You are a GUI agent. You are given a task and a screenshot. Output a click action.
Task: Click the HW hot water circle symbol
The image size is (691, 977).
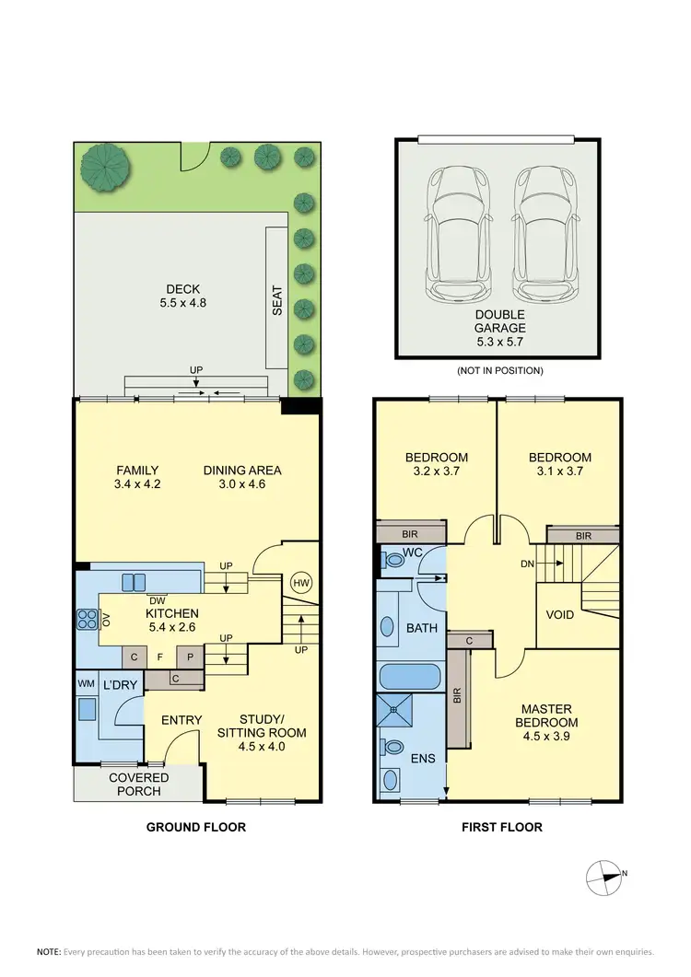point(300,583)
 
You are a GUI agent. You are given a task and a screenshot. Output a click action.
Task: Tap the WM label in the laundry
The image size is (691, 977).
point(85,684)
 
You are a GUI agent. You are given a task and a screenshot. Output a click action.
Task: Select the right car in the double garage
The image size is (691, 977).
point(540,234)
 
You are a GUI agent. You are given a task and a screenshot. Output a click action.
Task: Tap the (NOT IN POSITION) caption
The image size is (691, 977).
point(500,371)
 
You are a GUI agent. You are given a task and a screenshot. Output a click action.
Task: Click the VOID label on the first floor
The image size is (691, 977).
point(561,614)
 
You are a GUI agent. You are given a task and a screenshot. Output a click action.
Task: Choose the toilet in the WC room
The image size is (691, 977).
point(395,558)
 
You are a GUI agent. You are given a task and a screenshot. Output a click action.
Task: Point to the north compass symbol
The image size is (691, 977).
point(604,875)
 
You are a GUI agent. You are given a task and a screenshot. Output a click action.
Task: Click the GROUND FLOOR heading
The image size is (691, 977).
point(196,827)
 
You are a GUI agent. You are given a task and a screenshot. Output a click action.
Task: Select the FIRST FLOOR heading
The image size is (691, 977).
point(501,827)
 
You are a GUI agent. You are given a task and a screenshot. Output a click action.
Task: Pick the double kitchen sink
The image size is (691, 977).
point(133,581)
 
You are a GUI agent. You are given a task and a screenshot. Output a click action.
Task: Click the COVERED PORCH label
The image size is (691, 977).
point(139,785)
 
